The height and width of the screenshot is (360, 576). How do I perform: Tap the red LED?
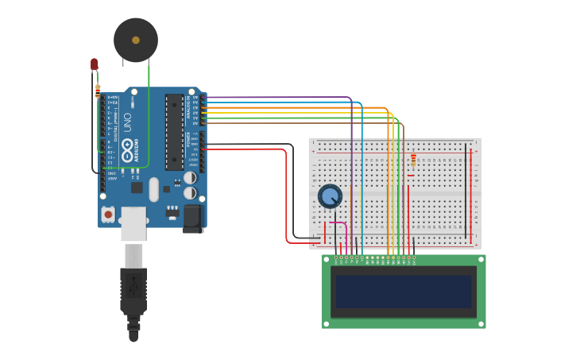94,64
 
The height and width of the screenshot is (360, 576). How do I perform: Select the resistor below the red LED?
98,91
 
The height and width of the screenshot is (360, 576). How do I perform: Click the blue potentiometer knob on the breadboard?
330,195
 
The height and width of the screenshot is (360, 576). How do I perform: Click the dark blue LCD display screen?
404,291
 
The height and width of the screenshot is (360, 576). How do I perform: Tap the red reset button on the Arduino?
108,215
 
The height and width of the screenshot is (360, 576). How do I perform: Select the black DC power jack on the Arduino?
194,218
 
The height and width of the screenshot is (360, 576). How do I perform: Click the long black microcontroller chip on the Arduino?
174,132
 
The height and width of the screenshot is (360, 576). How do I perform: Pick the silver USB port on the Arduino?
133,224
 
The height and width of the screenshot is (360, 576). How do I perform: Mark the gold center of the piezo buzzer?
136,40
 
